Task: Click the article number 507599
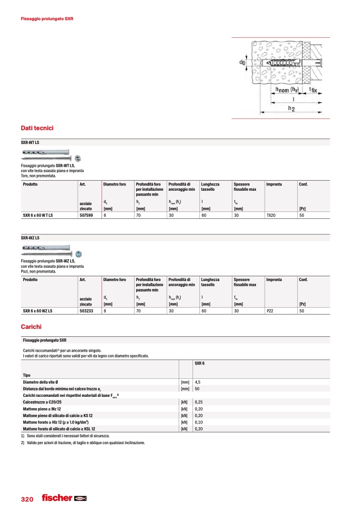(x=87, y=216)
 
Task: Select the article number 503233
(x=87, y=311)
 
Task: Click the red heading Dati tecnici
(x=37, y=128)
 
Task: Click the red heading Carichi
(x=31, y=327)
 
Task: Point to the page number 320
(x=27, y=499)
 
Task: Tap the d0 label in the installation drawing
(x=242, y=63)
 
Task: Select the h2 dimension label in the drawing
(x=292, y=108)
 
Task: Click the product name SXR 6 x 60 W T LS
(x=41, y=216)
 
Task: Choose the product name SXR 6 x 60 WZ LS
(x=42, y=311)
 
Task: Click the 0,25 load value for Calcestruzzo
(x=199, y=402)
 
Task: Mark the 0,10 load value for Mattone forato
(x=199, y=422)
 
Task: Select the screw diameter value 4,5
(x=198, y=382)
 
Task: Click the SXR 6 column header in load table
(x=200, y=363)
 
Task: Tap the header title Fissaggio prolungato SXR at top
(x=47, y=19)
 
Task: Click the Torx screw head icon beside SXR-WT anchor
(x=78, y=158)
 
